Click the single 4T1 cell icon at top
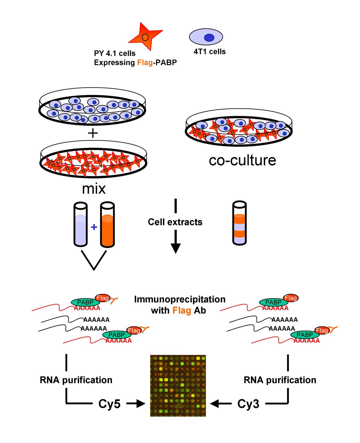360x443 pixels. (x=206, y=37)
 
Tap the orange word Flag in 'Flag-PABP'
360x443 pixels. (x=145, y=62)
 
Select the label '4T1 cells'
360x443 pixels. (x=209, y=52)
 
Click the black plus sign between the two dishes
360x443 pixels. (x=93, y=133)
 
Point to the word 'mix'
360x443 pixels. (x=94, y=189)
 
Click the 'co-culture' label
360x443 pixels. (x=242, y=160)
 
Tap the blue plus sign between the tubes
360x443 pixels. (x=94, y=227)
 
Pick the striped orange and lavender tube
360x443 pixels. (x=239, y=223)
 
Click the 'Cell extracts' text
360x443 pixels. (x=175, y=222)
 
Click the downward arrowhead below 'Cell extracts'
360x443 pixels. (x=175, y=248)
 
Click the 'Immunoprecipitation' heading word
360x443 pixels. (x=179, y=299)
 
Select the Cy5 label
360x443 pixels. (x=109, y=404)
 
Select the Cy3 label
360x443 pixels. (x=248, y=404)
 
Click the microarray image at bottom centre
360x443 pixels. (x=178, y=386)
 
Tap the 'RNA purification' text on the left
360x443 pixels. (x=76, y=380)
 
